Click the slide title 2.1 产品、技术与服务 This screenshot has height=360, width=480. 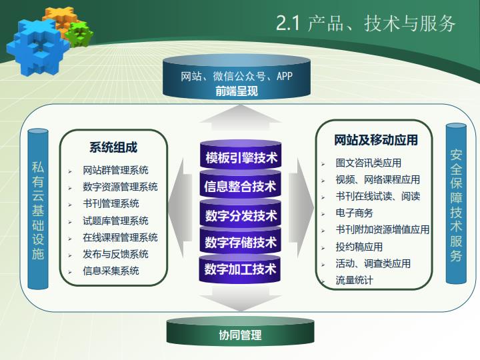366,23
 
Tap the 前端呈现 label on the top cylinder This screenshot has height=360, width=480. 237,91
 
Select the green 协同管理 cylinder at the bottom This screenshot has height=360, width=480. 240,332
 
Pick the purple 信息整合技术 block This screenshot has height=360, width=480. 241,185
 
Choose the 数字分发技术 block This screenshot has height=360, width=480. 241,213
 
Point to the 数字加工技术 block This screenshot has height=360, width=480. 241,268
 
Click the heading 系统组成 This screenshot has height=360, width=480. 113,147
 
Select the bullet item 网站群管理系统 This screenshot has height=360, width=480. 115,170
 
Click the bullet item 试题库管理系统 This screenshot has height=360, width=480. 115,221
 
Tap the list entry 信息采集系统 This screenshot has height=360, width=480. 111,271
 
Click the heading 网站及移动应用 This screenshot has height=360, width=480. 376,140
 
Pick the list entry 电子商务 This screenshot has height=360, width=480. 354,213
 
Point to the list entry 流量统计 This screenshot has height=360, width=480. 354,280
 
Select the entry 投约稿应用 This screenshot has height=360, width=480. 359,247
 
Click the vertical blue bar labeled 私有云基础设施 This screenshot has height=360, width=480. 38,209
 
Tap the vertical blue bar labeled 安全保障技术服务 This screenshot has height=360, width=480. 456,203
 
